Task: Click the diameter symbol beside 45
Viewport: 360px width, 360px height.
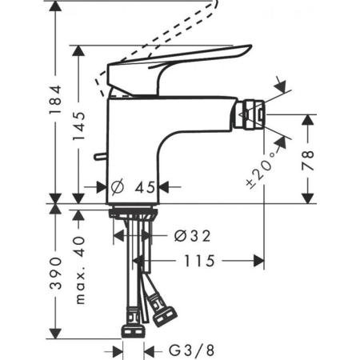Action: coord(117,187)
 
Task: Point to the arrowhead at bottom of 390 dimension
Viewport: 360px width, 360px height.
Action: coord(54,334)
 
